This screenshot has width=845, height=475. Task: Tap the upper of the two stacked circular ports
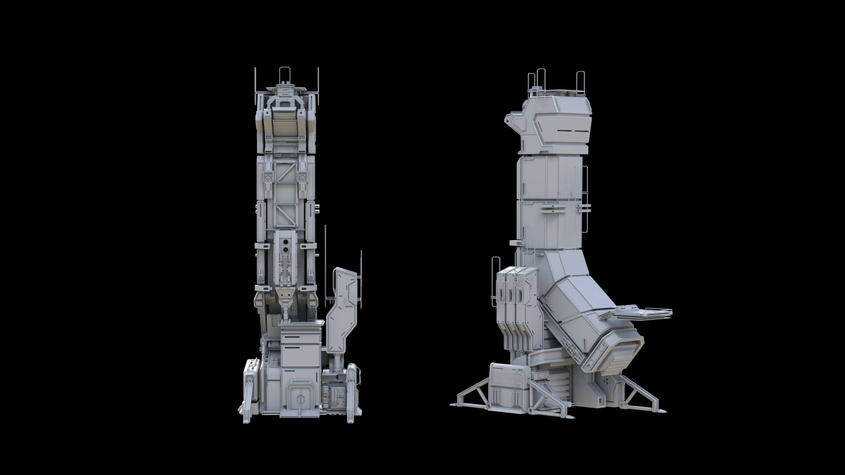[286, 242]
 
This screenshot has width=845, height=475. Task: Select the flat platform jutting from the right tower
[643, 313]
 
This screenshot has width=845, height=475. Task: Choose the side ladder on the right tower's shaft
[585, 200]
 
